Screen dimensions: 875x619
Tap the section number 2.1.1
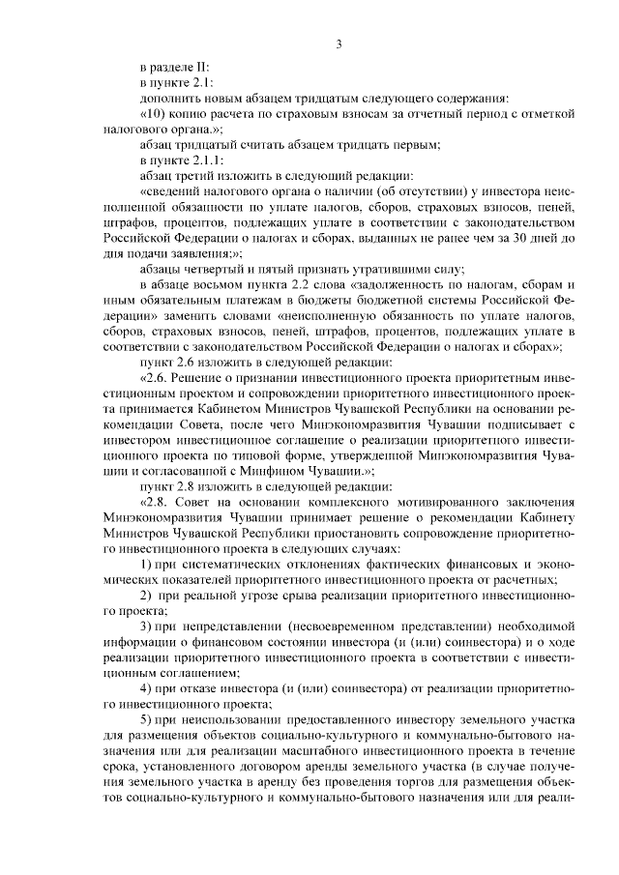(209, 160)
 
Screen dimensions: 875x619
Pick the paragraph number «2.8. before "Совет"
(157, 503)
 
